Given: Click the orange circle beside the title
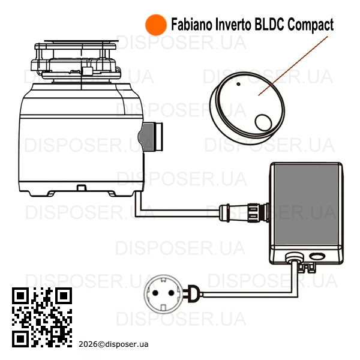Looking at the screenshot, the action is (156, 25).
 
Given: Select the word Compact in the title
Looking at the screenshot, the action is (310, 25).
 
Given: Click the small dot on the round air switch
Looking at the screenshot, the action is (238, 84).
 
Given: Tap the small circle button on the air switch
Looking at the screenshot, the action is (263, 123).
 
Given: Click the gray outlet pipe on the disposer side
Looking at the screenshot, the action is (151, 137).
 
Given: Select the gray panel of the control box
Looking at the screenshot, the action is (306, 205).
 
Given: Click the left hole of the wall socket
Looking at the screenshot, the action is (155, 293).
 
